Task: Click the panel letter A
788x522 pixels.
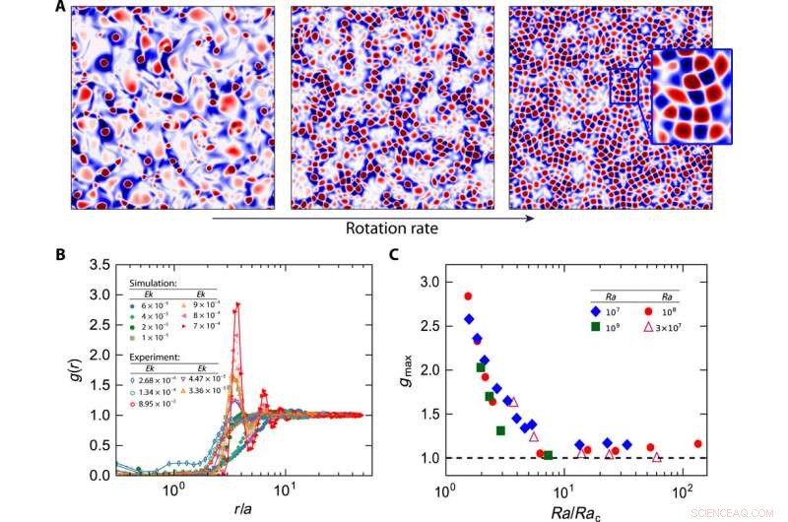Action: (x=61, y=8)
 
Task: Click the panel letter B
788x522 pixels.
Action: (x=61, y=254)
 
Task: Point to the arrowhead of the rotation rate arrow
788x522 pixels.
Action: (x=531, y=218)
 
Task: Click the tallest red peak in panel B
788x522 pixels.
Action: (x=237, y=304)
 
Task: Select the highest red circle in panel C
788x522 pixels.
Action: (x=468, y=295)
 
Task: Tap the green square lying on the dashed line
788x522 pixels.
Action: (x=549, y=455)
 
